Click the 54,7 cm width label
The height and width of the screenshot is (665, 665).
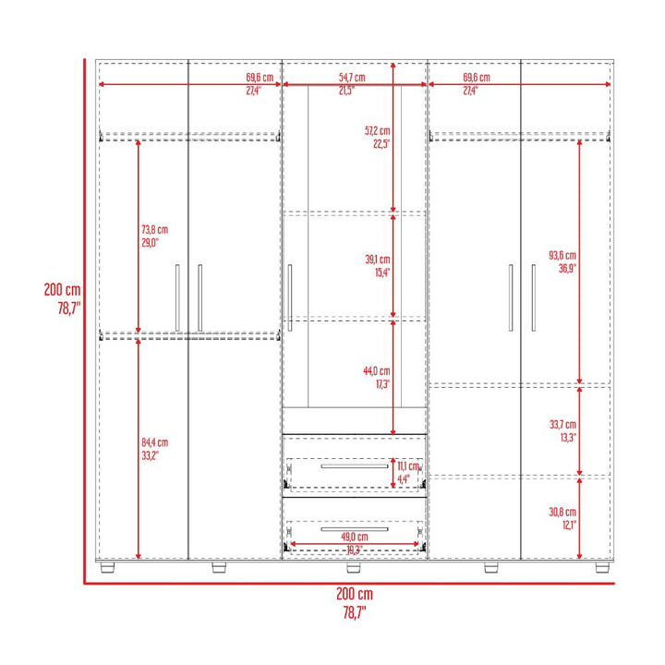coord(352,78)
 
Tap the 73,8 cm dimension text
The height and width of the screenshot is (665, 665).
coord(155,230)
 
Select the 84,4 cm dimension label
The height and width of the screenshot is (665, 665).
coord(155,442)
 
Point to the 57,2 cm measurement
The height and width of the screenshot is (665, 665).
coord(377,131)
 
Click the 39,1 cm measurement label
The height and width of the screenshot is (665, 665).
coord(378,260)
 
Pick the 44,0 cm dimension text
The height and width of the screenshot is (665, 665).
coord(377,371)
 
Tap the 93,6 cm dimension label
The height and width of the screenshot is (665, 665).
coord(562,255)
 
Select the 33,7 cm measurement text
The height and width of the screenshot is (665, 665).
coord(562,425)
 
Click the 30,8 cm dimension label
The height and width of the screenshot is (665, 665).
coord(562,512)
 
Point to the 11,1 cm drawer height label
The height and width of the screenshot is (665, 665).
coord(408,466)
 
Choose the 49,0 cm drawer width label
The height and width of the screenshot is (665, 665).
coord(355,537)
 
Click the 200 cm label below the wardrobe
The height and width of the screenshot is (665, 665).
coord(355,594)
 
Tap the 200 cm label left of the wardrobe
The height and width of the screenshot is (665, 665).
coord(62,290)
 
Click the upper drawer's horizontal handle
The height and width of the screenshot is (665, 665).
coord(354,466)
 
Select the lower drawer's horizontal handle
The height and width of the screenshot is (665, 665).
coord(354,529)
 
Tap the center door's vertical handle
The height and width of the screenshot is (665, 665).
coord(290,297)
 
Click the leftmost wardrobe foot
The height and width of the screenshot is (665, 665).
coord(108,567)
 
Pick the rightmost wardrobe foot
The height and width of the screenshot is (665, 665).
coord(602,567)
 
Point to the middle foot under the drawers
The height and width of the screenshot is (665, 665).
coord(353,567)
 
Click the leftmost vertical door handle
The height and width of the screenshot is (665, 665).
coord(177,297)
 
